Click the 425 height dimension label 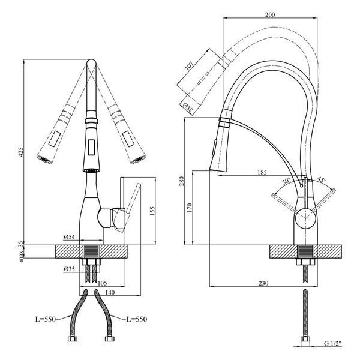pos(20,152)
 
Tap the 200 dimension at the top pos(270,14)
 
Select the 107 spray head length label pos(189,66)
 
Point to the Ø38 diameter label pos(188,107)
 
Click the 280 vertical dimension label pos(182,181)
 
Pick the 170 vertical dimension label pos(189,208)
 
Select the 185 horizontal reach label pos(262,172)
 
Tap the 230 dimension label pos(263,283)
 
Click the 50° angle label pos(286,181)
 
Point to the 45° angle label pos(322,179)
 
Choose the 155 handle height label pos(152,211)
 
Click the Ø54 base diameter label pos(70,237)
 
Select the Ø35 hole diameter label pos(70,269)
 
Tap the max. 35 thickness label pos(21,251)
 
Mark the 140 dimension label pos(110,293)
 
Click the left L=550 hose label pos(46,319)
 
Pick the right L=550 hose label pos(137,319)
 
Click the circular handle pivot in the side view pos(305,218)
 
